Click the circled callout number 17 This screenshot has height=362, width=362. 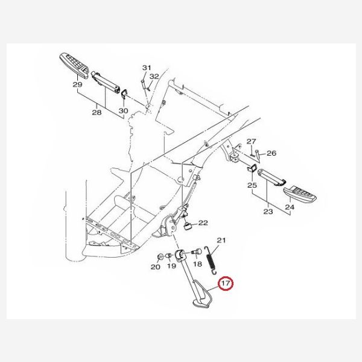[x=226, y=283]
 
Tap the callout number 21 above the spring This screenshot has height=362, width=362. [x=221, y=240]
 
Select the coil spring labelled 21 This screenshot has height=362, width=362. [x=211, y=261]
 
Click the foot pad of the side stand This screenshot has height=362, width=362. [x=201, y=303]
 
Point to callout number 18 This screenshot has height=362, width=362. [x=197, y=264]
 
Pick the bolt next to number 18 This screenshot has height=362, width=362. [x=196, y=252]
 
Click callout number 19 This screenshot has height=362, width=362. [x=171, y=265]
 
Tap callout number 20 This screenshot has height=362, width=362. [x=156, y=267]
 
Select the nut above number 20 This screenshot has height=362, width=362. [x=159, y=257]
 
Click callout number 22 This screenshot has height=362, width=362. [x=203, y=223]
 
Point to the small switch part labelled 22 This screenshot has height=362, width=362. [x=188, y=226]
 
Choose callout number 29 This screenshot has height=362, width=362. [x=77, y=84]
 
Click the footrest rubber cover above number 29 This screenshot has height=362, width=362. [x=74, y=66]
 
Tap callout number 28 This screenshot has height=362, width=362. [x=97, y=112]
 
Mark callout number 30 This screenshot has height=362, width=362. [x=123, y=110]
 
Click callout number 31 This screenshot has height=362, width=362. [x=147, y=68]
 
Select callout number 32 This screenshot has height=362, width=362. [x=154, y=77]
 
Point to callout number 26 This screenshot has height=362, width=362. [x=271, y=153]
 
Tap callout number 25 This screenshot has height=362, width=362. [x=252, y=185]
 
